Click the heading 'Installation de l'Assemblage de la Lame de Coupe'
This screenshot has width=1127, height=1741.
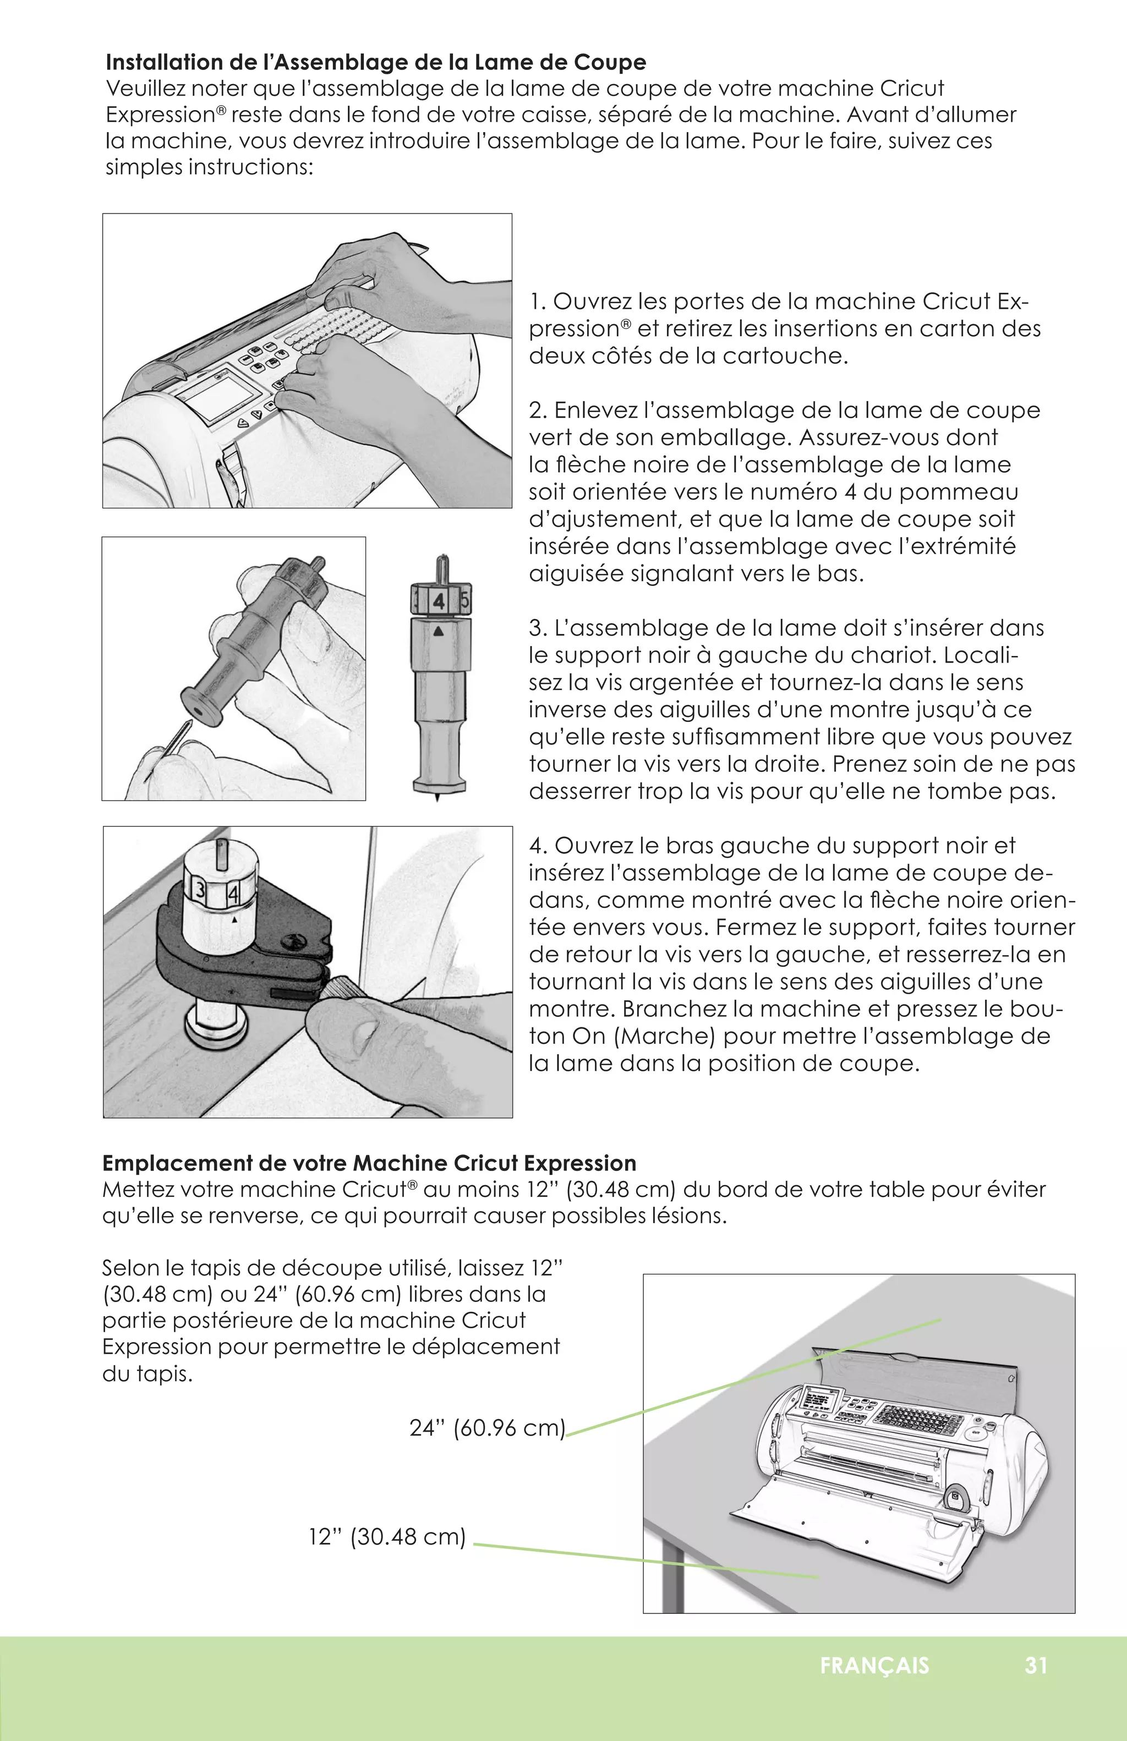tap(375, 62)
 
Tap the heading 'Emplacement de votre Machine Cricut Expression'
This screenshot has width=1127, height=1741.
tap(369, 1163)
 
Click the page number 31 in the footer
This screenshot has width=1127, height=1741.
tap(1036, 1666)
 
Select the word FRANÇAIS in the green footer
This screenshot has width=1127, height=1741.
tap(874, 1666)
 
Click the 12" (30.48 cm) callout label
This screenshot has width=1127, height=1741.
tap(387, 1536)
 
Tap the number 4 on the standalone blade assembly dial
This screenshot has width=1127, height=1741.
tap(438, 601)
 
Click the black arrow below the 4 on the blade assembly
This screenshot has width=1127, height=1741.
tap(438, 631)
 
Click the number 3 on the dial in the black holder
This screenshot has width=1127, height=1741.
tap(198, 890)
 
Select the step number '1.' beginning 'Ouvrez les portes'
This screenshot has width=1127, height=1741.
tap(538, 302)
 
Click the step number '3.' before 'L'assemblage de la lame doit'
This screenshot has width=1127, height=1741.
tap(538, 628)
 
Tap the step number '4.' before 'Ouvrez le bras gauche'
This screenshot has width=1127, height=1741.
tap(538, 846)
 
